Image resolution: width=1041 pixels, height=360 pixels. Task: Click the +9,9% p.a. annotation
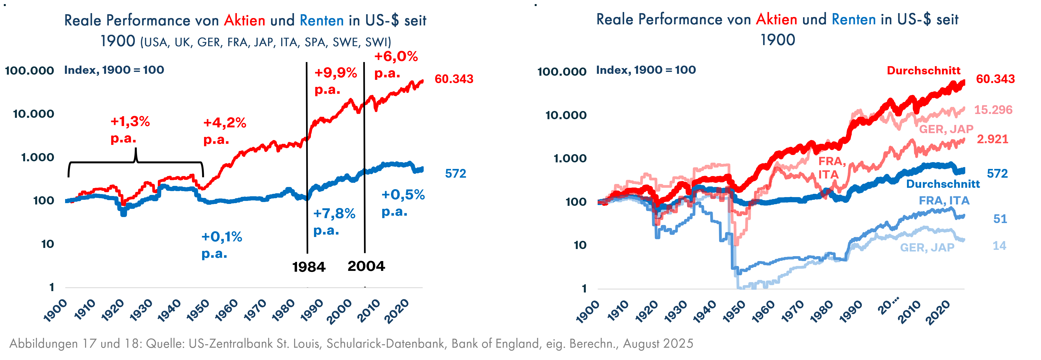335,81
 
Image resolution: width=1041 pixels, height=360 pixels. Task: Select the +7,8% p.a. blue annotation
334,221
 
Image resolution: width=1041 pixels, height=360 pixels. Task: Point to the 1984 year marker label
309,267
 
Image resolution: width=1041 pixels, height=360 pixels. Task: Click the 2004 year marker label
366,266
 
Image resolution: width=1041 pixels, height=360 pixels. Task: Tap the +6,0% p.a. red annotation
396,65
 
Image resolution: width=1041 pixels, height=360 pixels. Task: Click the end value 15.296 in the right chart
993,110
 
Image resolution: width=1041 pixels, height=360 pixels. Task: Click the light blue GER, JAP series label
927,247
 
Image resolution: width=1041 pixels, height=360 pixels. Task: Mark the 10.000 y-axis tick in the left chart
34,114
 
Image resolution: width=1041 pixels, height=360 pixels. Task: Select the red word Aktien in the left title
245,20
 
